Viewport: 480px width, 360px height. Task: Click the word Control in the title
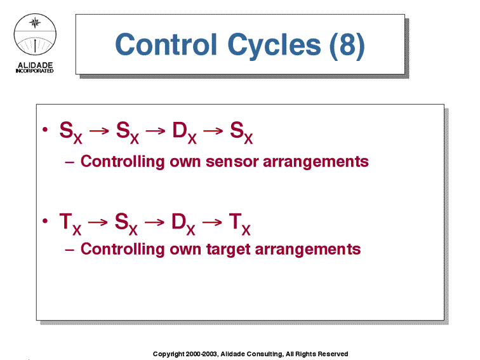(x=166, y=44)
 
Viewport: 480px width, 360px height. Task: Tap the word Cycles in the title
(x=274, y=46)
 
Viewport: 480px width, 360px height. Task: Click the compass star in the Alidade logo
(x=35, y=22)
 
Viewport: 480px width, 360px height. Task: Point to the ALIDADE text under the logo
(x=35, y=65)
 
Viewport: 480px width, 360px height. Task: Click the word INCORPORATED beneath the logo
(x=34, y=70)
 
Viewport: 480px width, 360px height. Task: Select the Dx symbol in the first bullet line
(x=184, y=133)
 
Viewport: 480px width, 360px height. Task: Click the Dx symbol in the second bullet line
(x=183, y=223)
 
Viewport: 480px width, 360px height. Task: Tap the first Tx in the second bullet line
(x=70, y=223)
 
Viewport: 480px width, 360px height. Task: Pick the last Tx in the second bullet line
(x=240, y=223)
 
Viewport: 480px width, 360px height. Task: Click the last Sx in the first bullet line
(x=241, y=133)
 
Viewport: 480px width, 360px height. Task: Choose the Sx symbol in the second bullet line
(x=126, y=223)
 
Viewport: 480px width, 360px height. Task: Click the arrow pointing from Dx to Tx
(x=212, y=222)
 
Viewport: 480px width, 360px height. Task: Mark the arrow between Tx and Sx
(x=98, y=222)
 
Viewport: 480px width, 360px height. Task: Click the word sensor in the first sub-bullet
(x=232, y=162)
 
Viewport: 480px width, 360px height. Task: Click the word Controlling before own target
(x=123, y=250)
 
